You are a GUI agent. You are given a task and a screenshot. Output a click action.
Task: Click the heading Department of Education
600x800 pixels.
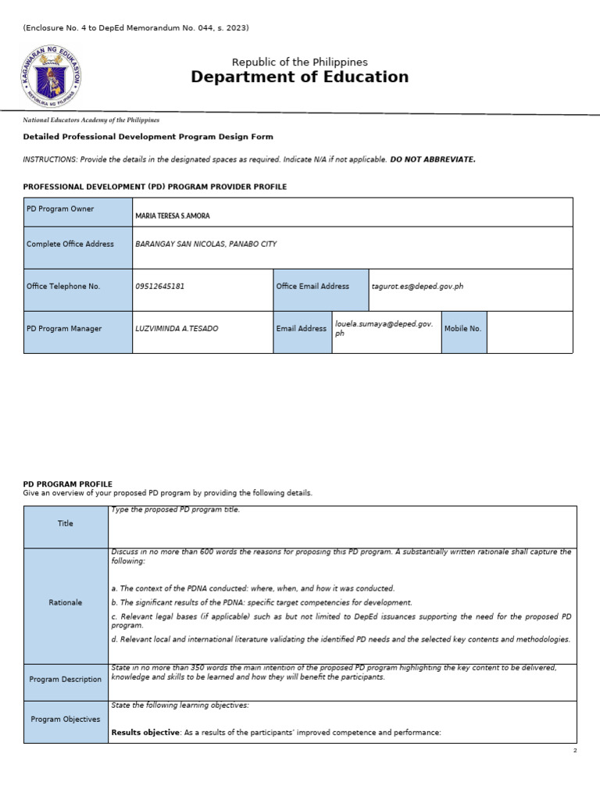point(299,77)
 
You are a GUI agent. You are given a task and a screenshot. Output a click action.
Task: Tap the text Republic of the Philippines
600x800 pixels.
point(299,62)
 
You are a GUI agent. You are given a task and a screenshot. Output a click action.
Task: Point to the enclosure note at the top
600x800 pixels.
point(136,28)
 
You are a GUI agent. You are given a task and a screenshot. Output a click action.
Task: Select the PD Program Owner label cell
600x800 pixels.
point(77,212)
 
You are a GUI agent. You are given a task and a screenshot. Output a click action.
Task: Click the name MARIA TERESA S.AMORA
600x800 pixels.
point(173,216)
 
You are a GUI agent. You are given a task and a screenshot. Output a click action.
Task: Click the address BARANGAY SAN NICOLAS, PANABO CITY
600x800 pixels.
point(205,245)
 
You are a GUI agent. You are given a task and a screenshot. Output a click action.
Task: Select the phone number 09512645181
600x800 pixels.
point(160,286)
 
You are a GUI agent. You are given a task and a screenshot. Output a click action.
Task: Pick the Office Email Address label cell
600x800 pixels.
point(320,286)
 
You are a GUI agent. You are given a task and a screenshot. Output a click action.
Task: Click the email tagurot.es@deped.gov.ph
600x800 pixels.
point(417,286)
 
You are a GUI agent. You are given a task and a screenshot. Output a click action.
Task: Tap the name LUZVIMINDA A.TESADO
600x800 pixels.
point(177,329)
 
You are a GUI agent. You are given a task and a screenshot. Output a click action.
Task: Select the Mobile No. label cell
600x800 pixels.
point(463,329)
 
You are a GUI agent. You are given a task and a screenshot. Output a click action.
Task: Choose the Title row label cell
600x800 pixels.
point(66,524)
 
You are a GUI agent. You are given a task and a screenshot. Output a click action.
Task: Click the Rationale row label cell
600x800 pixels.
point(66,602)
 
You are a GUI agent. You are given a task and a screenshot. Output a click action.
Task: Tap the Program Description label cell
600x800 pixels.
point(66,680)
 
